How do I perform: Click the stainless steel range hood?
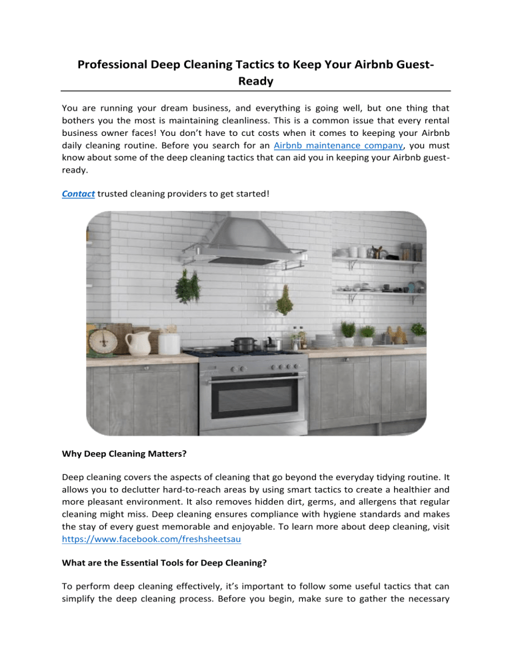pyautogui.click(x=247, y=240)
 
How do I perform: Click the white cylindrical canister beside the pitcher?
pyautogui.click(x=169, y=343)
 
